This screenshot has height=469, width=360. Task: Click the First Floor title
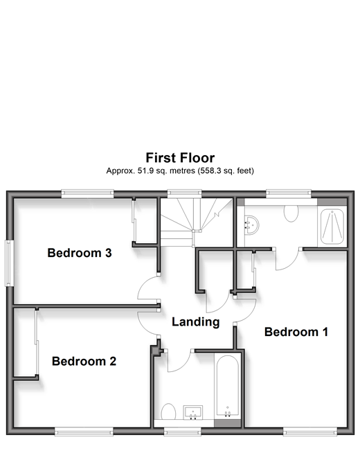pyautogui.click(x=180, y=158)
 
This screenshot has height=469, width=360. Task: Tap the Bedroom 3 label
pyautogui.click(x=80, y=253)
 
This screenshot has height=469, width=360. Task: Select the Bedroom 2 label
pyautogui.click(x=84, y=361)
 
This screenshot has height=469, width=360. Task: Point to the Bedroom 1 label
pyautogui.click(x=296, y=332)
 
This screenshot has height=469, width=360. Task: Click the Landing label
pyautogui.click(x=195, y=322)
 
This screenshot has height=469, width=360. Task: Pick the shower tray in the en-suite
pyautogui.click(x=332, y=227)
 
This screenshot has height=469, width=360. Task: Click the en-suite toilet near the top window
pyautogui.click(x=291, y=213)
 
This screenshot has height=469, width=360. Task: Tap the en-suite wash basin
pyautogui.click(x=251, y=225)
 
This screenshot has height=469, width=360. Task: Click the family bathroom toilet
pyautogui.click(x=168, y=412)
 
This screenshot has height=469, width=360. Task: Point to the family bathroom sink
pyautogui.click(x=193, y=412)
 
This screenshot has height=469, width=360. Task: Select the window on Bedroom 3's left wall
pyautogui.click(x=9, y=263)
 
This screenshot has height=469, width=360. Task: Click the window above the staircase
pyautogui.click(x=184, y=193)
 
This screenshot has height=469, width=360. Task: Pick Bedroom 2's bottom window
pyautogui.click(x=84, y=431)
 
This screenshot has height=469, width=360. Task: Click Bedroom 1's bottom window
pyautogui.click(x=310, y=431)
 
